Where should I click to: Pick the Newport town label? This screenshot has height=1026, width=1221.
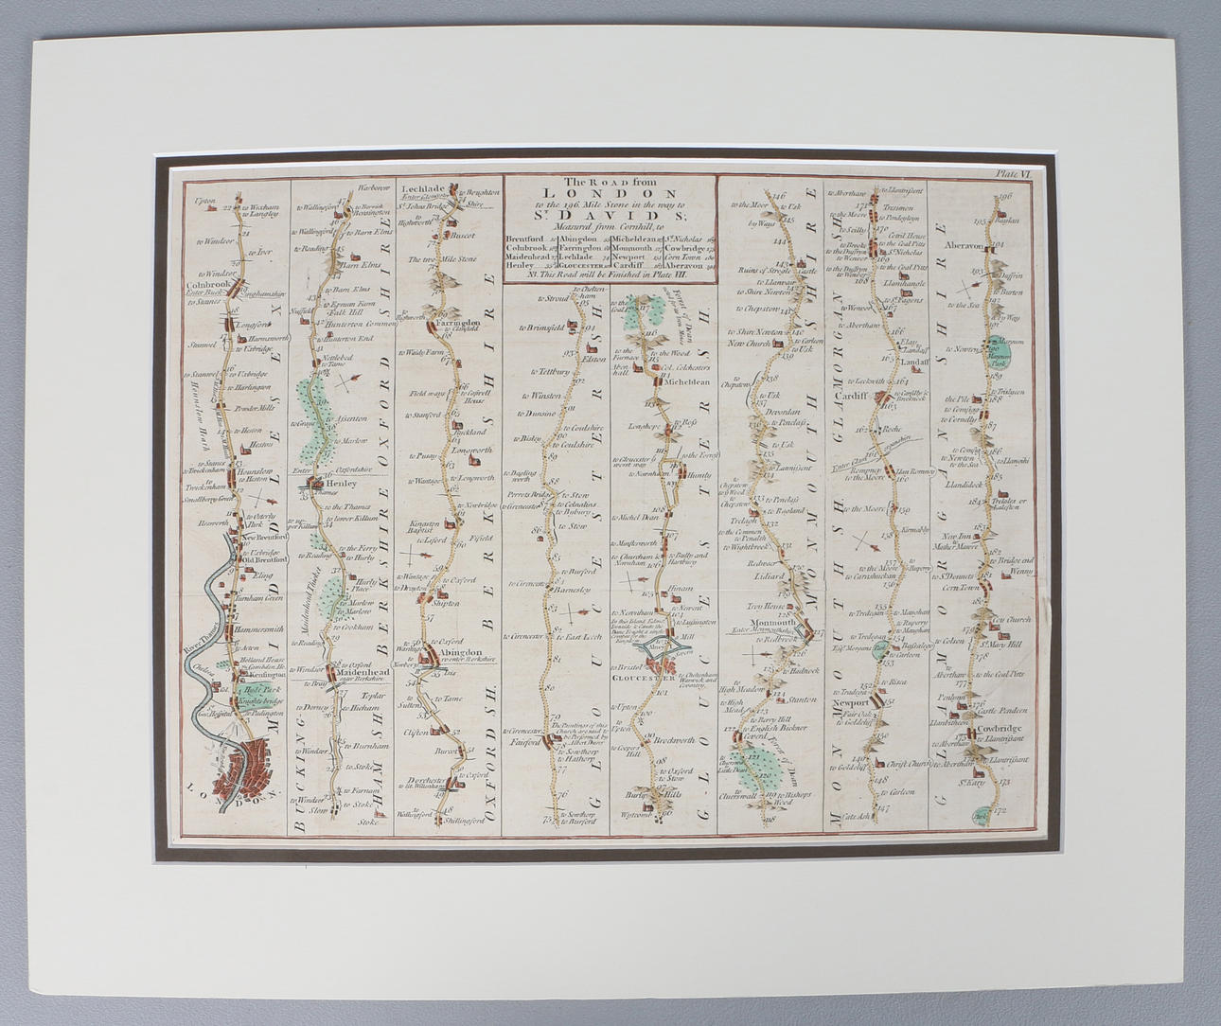tap(852, 704)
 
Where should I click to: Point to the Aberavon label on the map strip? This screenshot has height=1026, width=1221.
tap(964, 244)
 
